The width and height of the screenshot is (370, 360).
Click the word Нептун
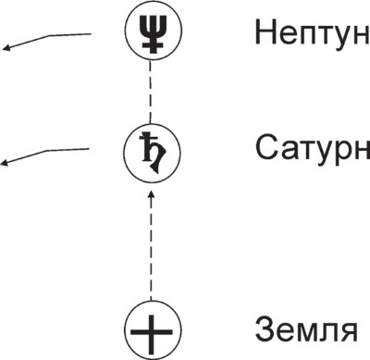point(311,34)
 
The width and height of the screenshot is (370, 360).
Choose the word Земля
point(304,330)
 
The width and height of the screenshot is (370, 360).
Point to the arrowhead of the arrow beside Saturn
point(6,164)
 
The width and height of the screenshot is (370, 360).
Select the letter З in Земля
point(263,330)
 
